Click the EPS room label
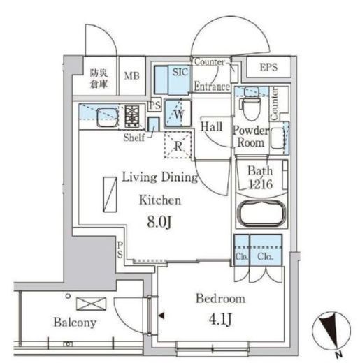(x=268, y=67)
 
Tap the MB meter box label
(x=131, y=76)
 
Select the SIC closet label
(x=180, y=72)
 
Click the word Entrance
(x=212, y=87)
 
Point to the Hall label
(x=211, y=127)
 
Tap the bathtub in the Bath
(x=261, y=214)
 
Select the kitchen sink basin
(x=107, y=117)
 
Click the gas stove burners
(x=132, y=116)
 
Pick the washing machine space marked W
(x=178, y=113)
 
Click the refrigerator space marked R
(x=178, y=145)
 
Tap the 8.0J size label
(x=159, y=222)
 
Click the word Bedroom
(x=220, y=299)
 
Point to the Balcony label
(x=75, y=323)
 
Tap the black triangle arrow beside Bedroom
(x=161, y=316)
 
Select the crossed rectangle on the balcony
(x=92, y=304)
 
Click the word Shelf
(x=134, y=138)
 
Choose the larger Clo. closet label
(x=265, y=257)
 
